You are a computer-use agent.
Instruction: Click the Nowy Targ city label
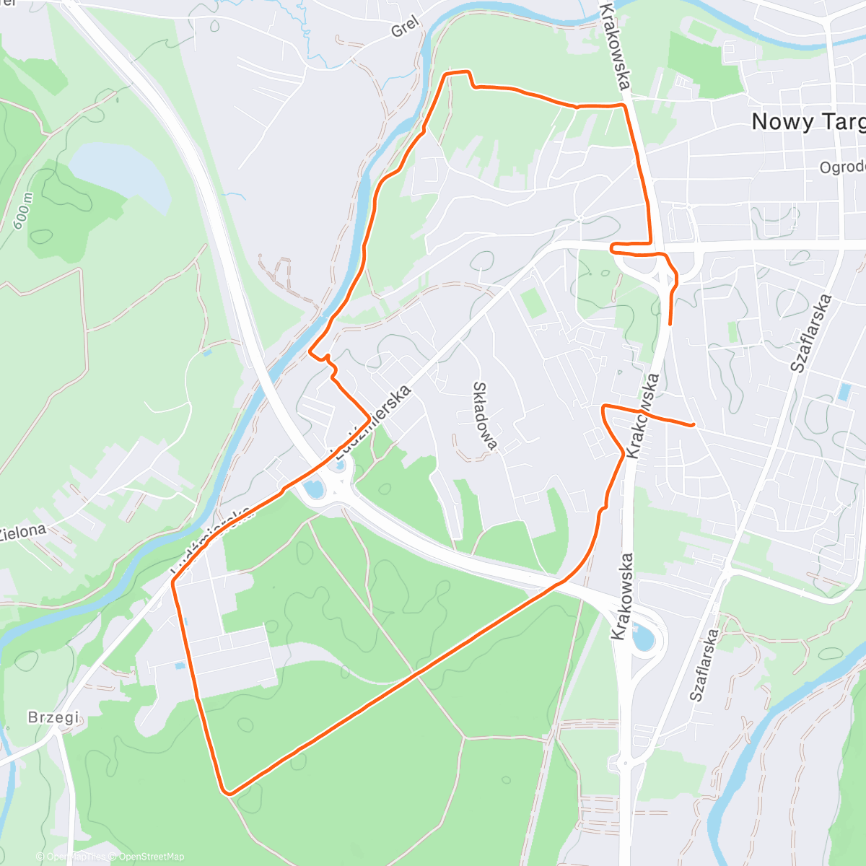pyautogui.click(x=807, y=122)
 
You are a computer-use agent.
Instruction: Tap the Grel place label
pyautogui.click(x=404, y=30)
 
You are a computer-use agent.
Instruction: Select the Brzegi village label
pyautogui.click(x=53, y=717)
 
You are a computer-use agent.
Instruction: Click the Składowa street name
pyautogui.click(x=484, y=416)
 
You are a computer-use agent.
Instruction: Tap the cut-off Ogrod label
pyautogui.click(x=842, y=167)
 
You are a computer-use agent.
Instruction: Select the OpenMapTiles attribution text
pyautogui.click(x=75, y=857)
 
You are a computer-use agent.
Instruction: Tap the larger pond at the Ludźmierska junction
pyautogui.click(x=315, y=489)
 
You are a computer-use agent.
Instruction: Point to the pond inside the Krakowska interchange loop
pyautogui.click(x=642, y=638)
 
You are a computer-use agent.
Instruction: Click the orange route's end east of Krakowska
pyautogui.click(x=694, y=425)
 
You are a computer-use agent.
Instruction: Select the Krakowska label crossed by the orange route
pyautogui.click(x=644, y=415)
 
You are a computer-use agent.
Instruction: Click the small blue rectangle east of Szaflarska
pyautogui.click(x=844, y=393)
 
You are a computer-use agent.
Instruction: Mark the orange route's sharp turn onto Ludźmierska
pyautogui.click(x=369, y=418)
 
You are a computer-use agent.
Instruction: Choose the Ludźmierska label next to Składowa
pyautogui.click(x=374, y=422)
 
